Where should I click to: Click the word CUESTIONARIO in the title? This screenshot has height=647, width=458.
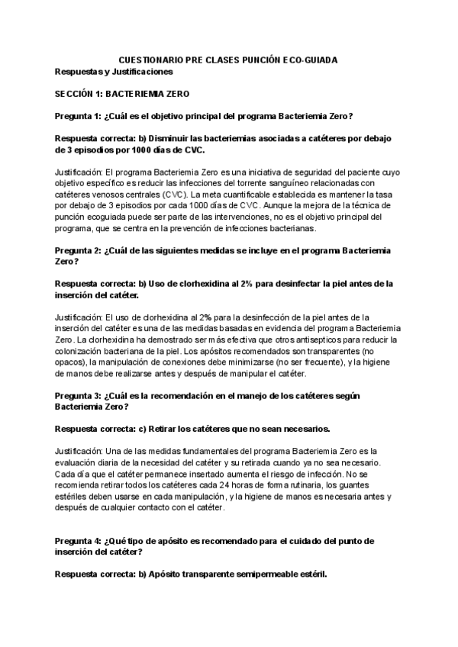(153, 60)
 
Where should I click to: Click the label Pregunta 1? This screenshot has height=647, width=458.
(77, 116)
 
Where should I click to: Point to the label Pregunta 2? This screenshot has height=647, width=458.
(77, 249)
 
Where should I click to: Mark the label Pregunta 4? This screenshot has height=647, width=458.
(77, 540)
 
